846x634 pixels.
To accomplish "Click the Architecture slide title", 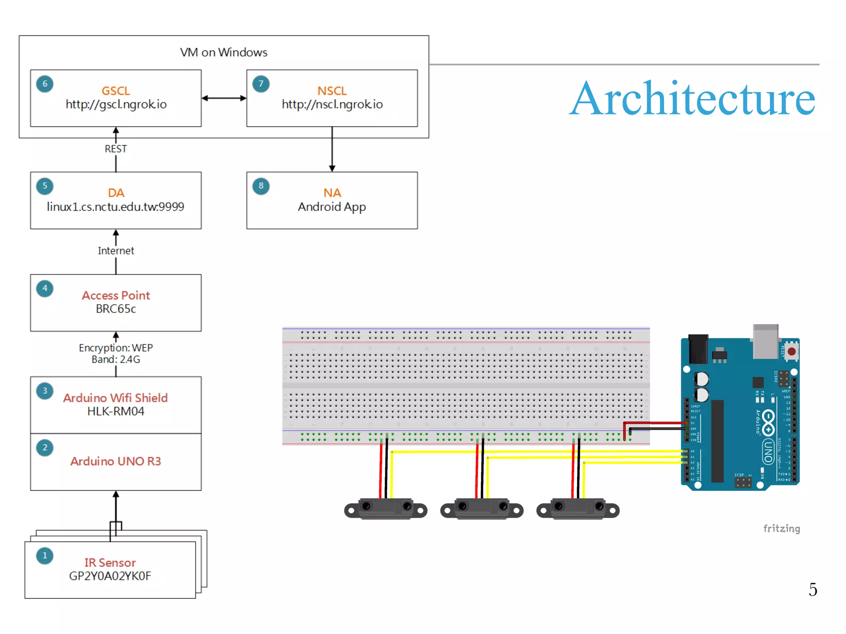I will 692,99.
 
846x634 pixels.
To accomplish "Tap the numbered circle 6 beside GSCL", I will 45,84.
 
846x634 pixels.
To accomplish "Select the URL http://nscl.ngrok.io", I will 332,104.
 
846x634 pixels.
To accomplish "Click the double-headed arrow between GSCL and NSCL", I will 224,98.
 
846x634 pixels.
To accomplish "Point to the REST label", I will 116,149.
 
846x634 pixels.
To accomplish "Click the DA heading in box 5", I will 116,193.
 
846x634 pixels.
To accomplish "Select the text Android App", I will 332,207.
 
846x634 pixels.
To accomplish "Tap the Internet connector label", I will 116,251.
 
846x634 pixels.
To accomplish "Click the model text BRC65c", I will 116,309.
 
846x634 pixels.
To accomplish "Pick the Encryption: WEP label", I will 116,348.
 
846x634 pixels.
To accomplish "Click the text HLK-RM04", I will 116,412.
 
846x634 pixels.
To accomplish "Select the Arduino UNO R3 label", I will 116,461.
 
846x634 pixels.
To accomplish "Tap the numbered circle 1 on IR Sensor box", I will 45,556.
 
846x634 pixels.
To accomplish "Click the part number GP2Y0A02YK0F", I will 110,576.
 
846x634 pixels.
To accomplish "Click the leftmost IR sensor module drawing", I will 385,509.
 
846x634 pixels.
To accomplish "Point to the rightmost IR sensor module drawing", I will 577,509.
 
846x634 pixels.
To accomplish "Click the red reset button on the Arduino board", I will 791,352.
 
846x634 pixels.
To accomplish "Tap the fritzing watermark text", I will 781,529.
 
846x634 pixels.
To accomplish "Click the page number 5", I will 813,589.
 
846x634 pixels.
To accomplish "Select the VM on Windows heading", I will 223,52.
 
